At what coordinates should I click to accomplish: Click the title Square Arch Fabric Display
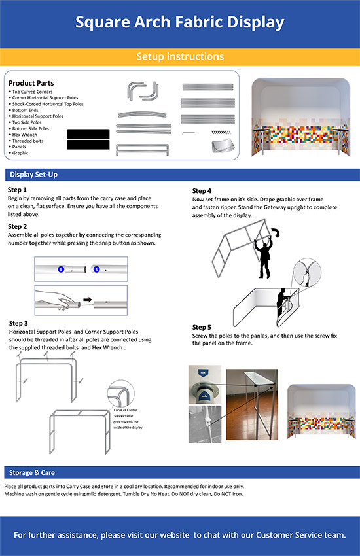(x=179, y=23)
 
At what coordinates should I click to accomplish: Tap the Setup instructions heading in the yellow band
(x=179, y=57)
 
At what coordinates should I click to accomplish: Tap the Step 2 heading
(x=18, y=226)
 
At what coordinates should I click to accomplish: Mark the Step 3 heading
(x=18, y=323)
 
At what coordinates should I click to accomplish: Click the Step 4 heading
(x=202, y=190)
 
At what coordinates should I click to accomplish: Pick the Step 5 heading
(x=202, y=327)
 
